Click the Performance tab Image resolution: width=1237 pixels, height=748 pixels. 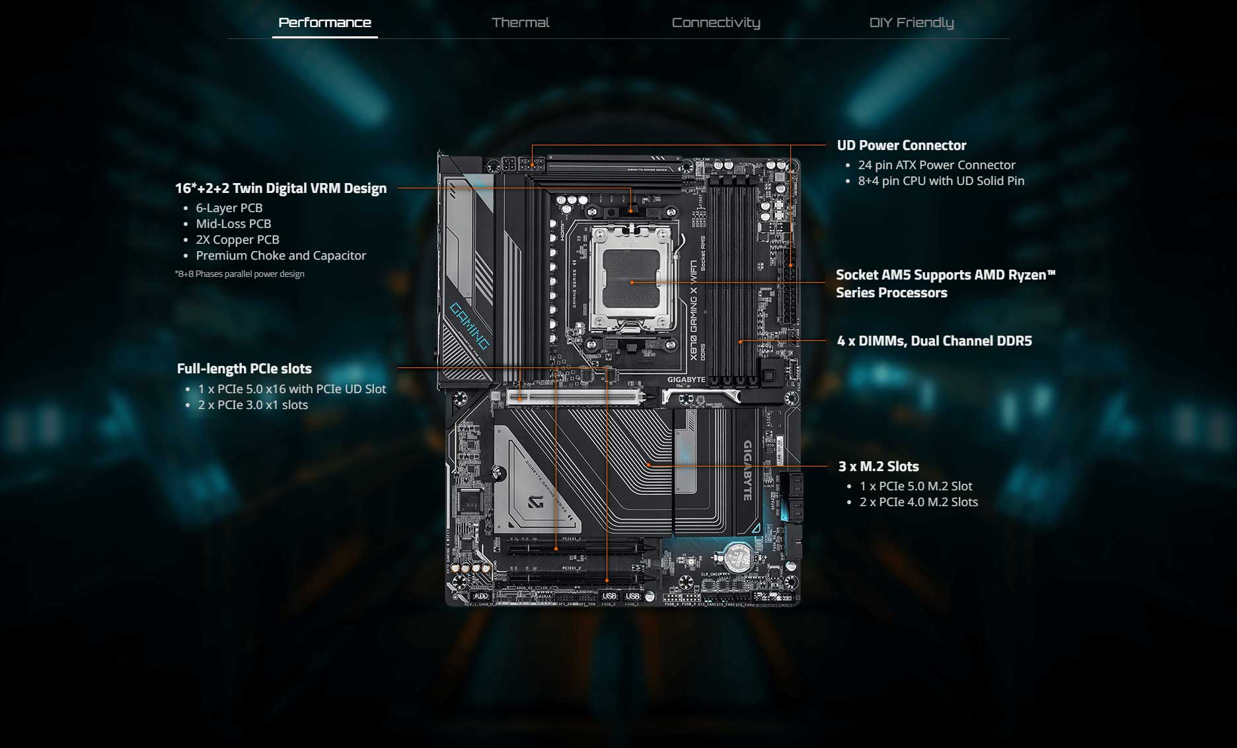324,22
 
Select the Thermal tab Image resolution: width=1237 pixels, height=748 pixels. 520,22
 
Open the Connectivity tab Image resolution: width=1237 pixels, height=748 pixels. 716,22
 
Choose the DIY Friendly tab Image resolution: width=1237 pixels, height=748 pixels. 911,22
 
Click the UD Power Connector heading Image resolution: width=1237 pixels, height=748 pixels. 901,145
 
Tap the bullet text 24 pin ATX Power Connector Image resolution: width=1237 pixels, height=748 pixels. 936,165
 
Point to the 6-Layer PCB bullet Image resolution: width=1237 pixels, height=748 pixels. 229,208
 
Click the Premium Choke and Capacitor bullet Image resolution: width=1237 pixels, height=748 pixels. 281,256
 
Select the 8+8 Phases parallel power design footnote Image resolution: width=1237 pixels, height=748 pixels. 240,274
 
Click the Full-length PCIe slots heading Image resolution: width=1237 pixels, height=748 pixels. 244,369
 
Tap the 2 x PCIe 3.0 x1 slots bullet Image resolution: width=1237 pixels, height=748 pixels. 253,405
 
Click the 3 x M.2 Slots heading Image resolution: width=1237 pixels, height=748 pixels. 878,467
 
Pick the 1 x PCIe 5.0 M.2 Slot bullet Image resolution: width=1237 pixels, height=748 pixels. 916,486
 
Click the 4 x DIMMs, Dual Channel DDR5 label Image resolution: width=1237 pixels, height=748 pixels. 934,341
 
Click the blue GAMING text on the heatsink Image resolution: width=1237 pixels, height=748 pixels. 470,326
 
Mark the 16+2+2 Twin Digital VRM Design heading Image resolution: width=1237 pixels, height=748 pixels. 281,188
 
